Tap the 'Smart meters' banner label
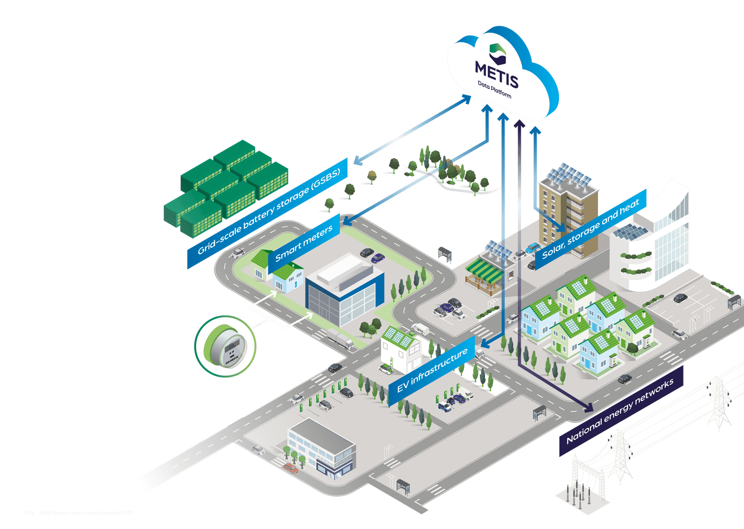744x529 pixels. coord(304,243)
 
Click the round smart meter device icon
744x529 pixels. coord(225,347)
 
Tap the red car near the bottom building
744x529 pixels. coord(291,468)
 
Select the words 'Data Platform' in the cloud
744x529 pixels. coord(494,89)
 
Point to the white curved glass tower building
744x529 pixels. coord(660,237)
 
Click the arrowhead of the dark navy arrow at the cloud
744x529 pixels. coord(519,124)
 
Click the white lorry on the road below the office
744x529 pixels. coord(340,339)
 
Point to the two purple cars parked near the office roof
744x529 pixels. coord(372,255)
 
